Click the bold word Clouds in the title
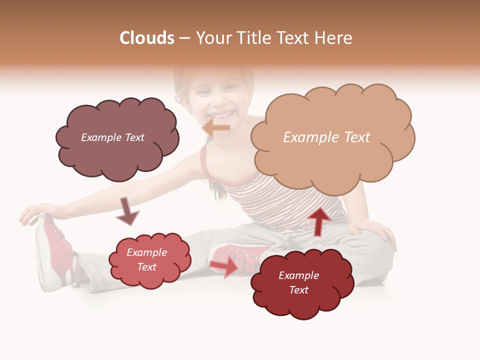tap(147, 38)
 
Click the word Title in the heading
tap(254, 38)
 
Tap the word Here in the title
tap(333, 38)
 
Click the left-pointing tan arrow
tap(216, 128)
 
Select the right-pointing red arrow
tap(224, 265)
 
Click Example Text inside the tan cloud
tap(326, 137)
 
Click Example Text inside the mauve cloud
tap(112, 137)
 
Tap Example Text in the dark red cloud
tap(298, 282)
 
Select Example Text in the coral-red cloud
tap(146, 259)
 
